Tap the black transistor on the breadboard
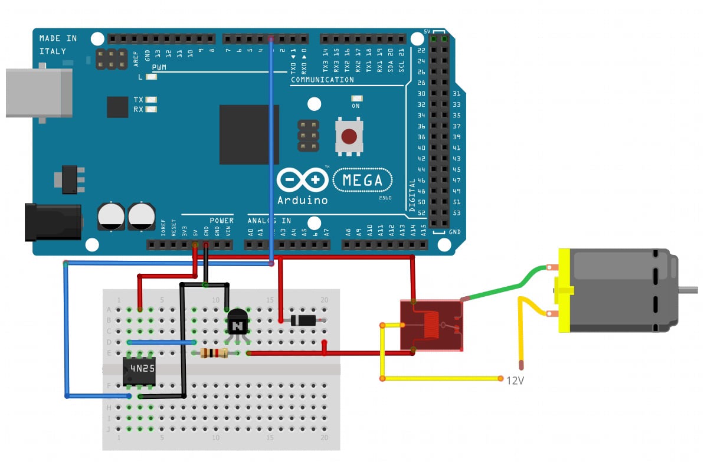tap(237, 323)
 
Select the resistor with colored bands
tap(214, 353)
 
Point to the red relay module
tap(431, 325)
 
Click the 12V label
tap(515, 381)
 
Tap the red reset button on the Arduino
tap(349, 137)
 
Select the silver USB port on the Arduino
tap(38, 93)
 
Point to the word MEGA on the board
tap(363, 181)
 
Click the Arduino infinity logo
tap(302, 179)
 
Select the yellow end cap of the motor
tap(564, 290)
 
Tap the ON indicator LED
tap(356, 99)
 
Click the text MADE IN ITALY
tap(58, 45)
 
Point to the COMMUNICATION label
tap(322, 80)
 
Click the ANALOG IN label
tap(268, 221)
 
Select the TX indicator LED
tap(152, 100)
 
